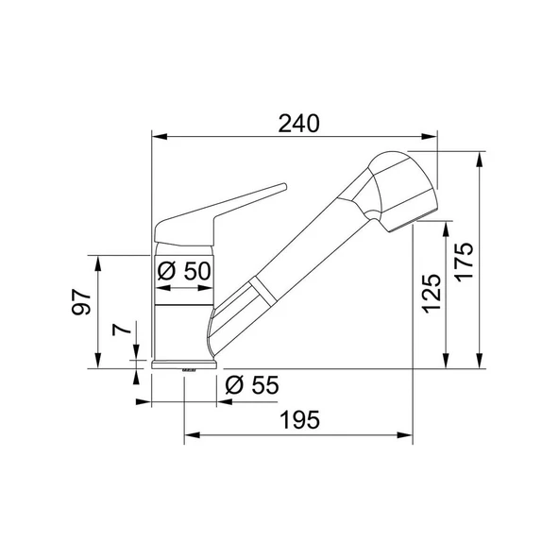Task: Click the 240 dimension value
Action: coord(298,124)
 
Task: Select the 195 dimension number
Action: coord(300,419)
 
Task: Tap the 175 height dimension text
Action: coord(465,263)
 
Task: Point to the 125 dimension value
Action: coord(432,294)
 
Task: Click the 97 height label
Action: coord(81,302)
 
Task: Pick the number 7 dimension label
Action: coord(122,330)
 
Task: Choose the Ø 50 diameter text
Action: coord(184,271)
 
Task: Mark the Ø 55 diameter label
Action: coord(252,385)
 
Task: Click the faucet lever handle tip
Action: coord(284,186)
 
